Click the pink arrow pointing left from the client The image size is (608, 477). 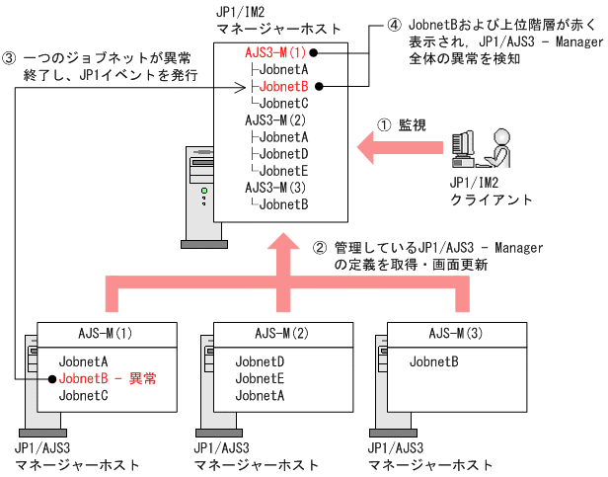395,149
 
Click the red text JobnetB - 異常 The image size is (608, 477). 108,378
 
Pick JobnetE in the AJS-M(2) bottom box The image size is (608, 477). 260,378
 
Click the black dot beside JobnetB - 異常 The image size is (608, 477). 49,378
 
